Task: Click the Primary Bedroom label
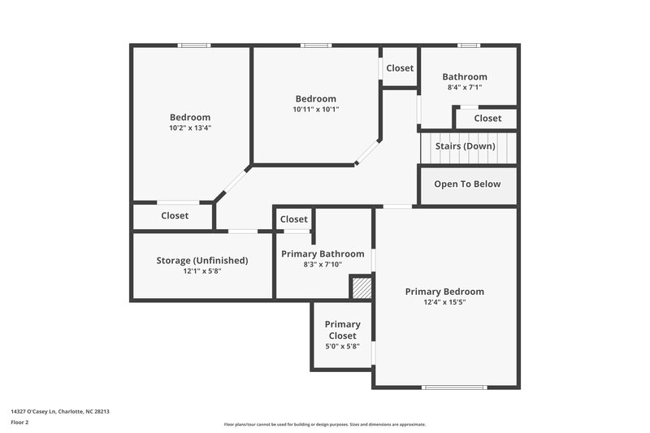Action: pyautogui.click(x=444, y=292)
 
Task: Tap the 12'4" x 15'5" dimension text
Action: pyautogui.click(x=444, y=302)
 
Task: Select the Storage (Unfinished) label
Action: pyautogui.click(x=201, y=261)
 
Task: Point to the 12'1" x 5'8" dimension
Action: pyautogui.click(x=201, y=271)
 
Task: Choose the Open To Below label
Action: pyautogui.click(x=467, y=184)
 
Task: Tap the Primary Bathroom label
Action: pyautogui.click(x=323, y=254)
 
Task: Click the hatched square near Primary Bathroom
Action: pyautogui.click(x=362, y=288)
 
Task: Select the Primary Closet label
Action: pyautogui.click(x=342, y=330)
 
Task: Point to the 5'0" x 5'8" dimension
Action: pyautogui.click(x=342, y=347)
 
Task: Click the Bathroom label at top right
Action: pyautogui.click(x=465, y=77)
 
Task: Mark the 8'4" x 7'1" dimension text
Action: pyautogui.click(x=465, y=88)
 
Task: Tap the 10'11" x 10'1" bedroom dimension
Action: pyautogui.click(x=316, y=109)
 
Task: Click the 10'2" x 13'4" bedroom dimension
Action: pyautogui.click(x=189, y=128)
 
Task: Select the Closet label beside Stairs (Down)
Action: pyautogui.click(x=487, y=119)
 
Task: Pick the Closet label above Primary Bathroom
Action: pyautogui.click(x=294, y=219)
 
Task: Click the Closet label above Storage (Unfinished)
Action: pyautogui.click(x=175, y=216)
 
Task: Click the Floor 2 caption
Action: pyautogui.click(x=20, y=423)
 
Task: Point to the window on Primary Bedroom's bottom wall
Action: pyautogui.click(x=453, y=387)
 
